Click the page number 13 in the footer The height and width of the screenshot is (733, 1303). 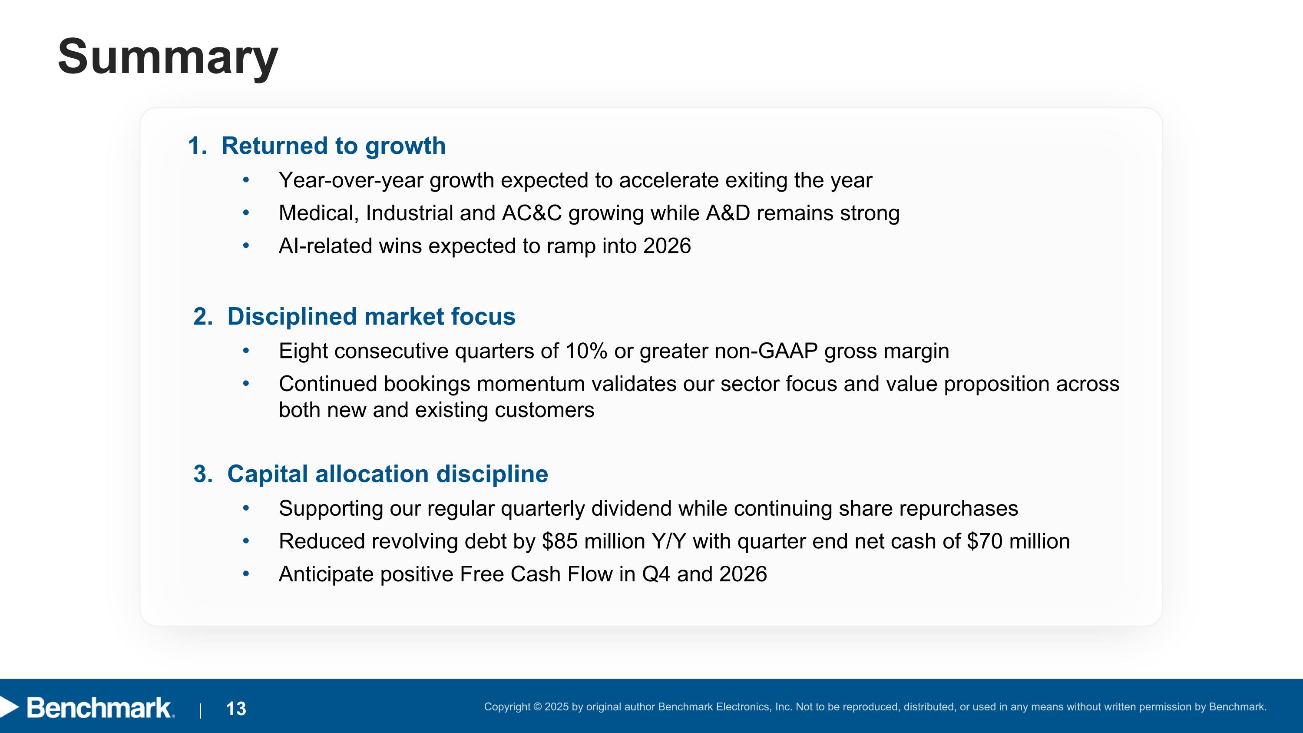coord(236,709)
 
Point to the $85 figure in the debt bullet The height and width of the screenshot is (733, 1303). coord(559,541)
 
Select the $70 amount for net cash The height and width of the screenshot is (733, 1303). coord(984,541)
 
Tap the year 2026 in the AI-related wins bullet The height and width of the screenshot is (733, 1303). coord(667,246)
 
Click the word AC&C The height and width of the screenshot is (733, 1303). coord(532,213)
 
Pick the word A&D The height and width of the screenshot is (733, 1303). coord(728,213)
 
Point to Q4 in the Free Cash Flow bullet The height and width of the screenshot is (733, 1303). coord(655,574)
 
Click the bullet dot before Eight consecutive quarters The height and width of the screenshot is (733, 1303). coord(246,351)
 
